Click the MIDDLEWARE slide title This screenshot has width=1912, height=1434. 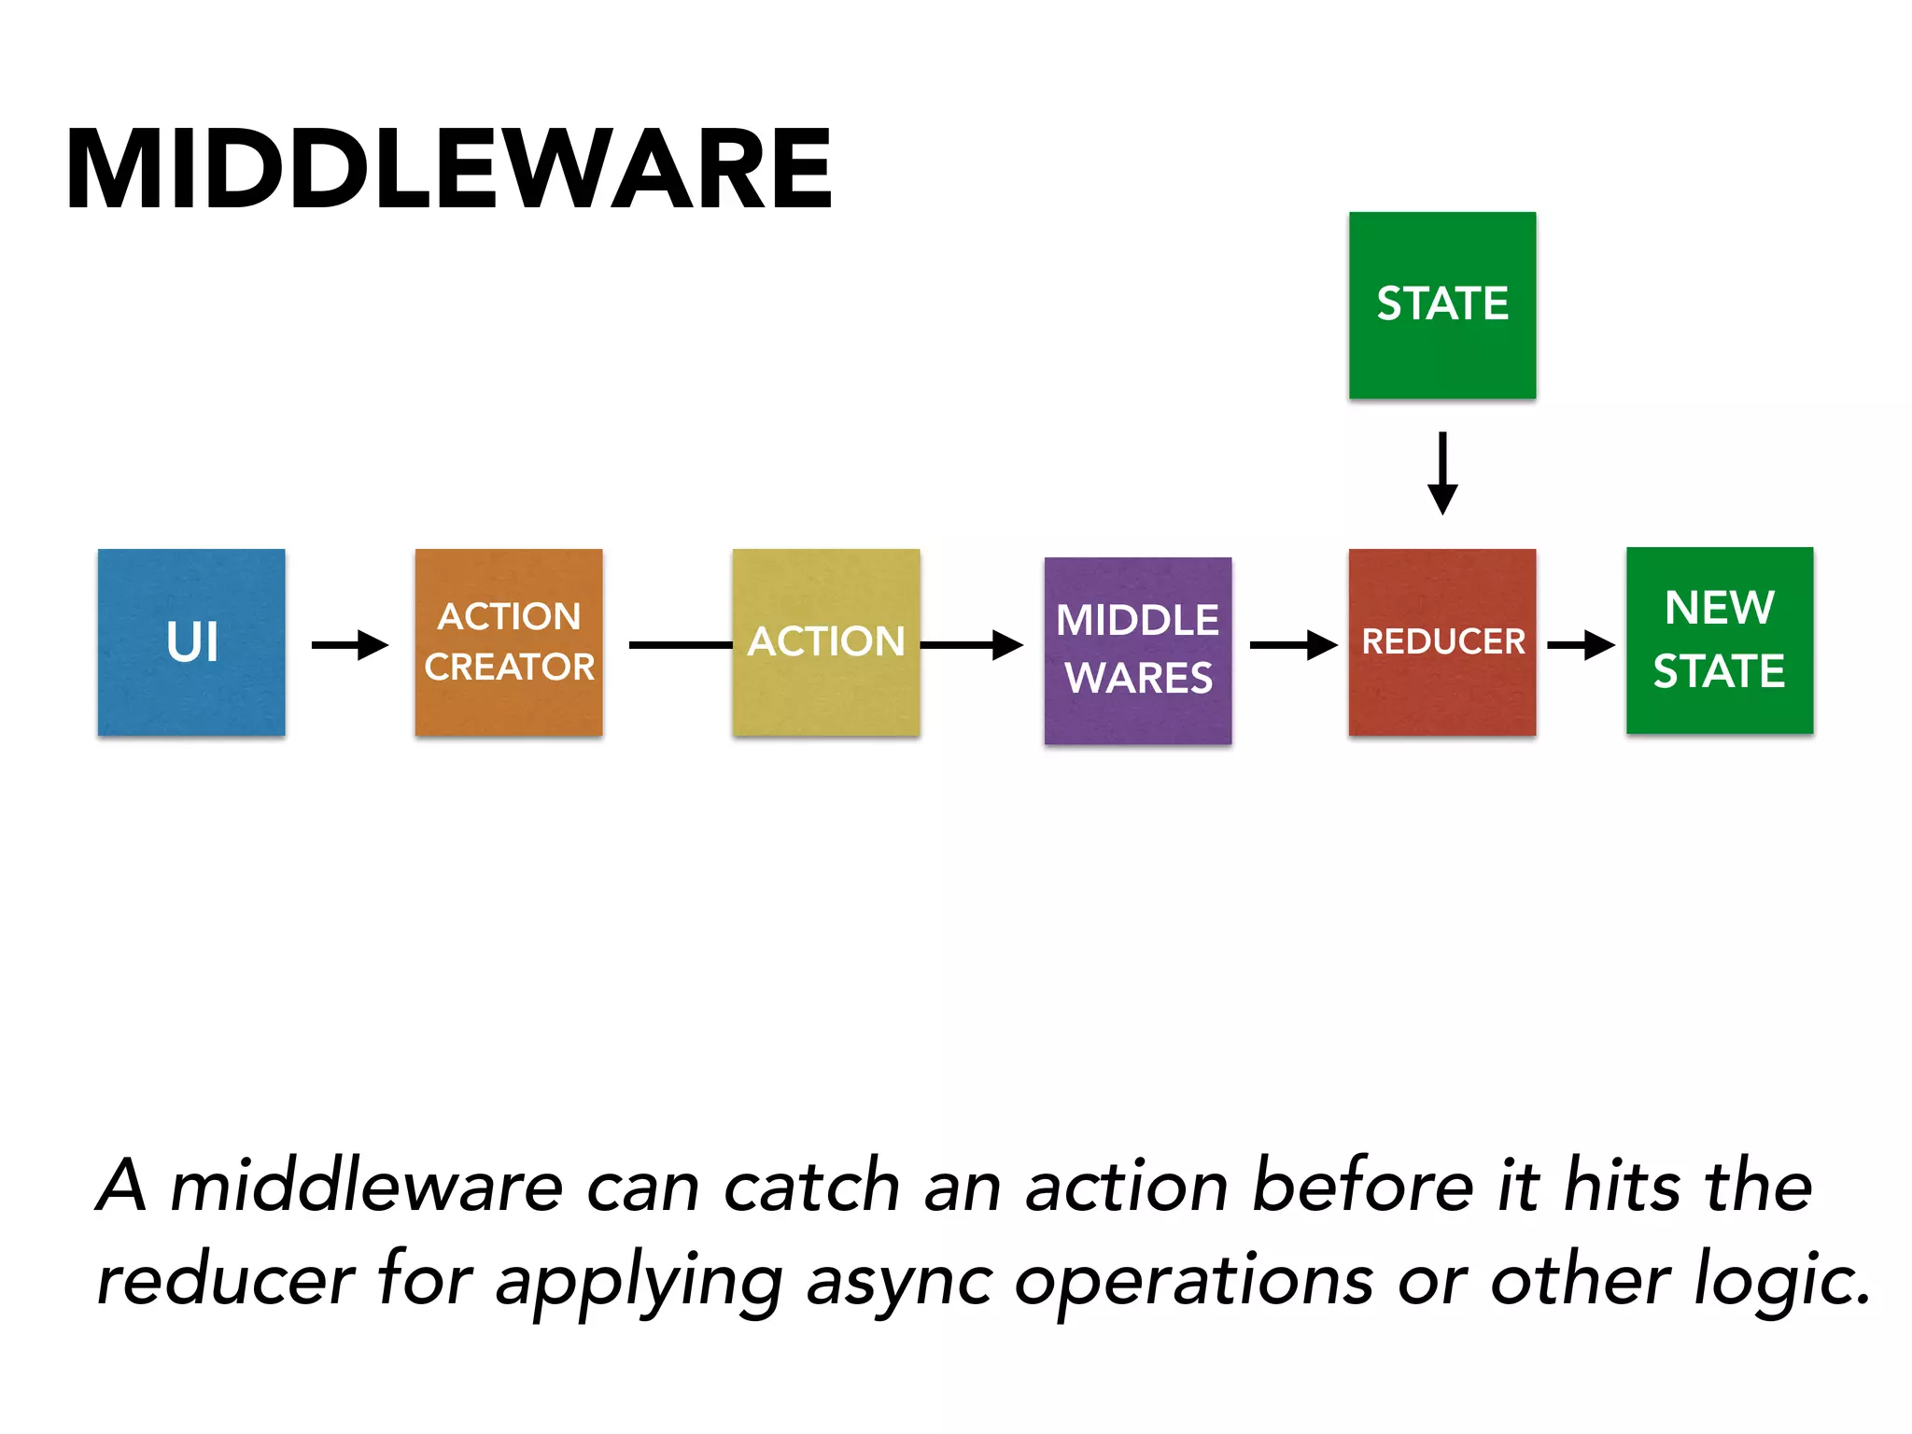(x=448, y=170)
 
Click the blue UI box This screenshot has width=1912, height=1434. (x=191, y=642)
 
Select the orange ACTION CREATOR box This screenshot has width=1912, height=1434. (x=509, y=642)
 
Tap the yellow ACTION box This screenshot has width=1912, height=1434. (x=826, y=642)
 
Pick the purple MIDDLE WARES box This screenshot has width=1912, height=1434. (x=1137, y=651)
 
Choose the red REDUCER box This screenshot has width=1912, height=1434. (x=1442, y=642)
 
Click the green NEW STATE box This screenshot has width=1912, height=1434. (x=1720, y=640)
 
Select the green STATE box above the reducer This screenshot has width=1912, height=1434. (x=1442, y=305)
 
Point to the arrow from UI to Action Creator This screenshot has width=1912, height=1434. (x=350, y=644)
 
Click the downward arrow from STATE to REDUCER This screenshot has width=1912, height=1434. (x=1442, y=472)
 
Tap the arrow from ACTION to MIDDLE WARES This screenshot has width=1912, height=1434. (x=971, y=644)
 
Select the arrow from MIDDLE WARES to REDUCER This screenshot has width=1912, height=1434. (x=1293, y=644)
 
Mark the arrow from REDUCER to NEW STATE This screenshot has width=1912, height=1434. (x=1581, y=644)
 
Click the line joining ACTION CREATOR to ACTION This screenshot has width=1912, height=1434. (x=680, y=644)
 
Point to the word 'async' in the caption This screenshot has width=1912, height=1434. (x=899, y=1281)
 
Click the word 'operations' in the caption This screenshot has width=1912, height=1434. (x=1194, y=1281)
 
